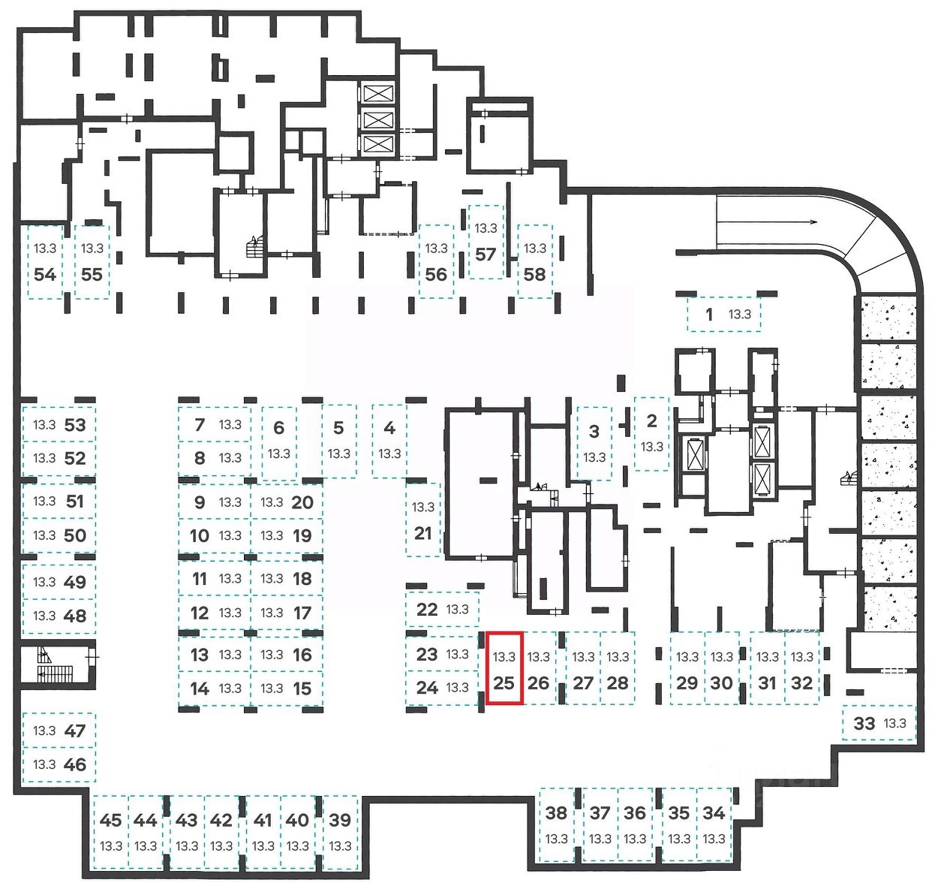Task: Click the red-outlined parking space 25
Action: (x=504, y=668)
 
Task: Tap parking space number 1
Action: (x=723, y=315)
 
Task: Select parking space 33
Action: (x=878, y=723)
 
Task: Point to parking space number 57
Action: (x=486, y=242)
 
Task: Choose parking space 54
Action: (x=45, y=262)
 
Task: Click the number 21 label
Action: (x=423, y=533)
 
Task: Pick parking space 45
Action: (x=110, y=832)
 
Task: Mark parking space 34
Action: (x=714, y=824)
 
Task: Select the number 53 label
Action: (x=75, y=425)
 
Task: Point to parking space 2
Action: (x=651, y=433)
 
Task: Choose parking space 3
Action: (x=594, y=443)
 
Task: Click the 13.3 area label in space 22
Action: (x=457, y=609)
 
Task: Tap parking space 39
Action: (x=340, y=832)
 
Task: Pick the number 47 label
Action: (x=75, y=731)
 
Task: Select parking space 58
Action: (x=534, y=262)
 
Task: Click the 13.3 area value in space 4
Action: (x=389, y=454)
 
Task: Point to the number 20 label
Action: (x=302, y=502)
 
